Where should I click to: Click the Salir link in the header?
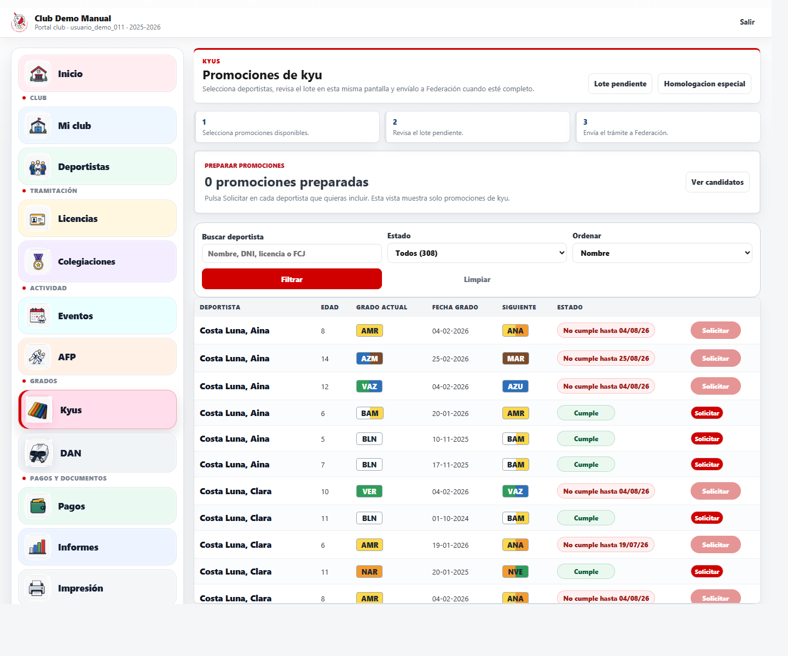pyautogui.click(x=747, y=22)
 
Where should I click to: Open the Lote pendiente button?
pyautogui.click(x=620, y=84)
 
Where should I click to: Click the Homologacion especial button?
pyautogui.click(x=704, y=84)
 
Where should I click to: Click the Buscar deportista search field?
pyautogui.click(x=292, y=253)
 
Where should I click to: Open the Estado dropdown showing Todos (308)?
pyautogui.click(x=477, y=253)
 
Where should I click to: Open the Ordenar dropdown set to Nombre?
pyautogui.click(x=662, y=253)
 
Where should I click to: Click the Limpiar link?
pyautogui.click(x=477, y=279)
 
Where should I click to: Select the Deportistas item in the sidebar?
pyautogui.click(x=97, y=166)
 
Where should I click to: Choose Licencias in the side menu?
pyautogui.click(x=97, y=218)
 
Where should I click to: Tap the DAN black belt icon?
pyautogui.click(x=39, y=453)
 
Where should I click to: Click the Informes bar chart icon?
pyautogui.click(x=37, y=547)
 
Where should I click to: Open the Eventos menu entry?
pyautogui.click(x=97, y=315)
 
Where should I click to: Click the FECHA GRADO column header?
pyautogui.click(x=455, y=307)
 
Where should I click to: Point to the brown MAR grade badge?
pyautogui.click(x=515, y=358)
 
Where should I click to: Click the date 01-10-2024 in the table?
pyautogui.click(x=450, y=518)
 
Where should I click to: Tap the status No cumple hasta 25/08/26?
pyautogui.click(x=606, y=358)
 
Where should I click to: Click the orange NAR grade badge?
pyautogui.click(x=369, y=572)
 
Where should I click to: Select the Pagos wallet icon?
pyautogui.click(x=37, y=506)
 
